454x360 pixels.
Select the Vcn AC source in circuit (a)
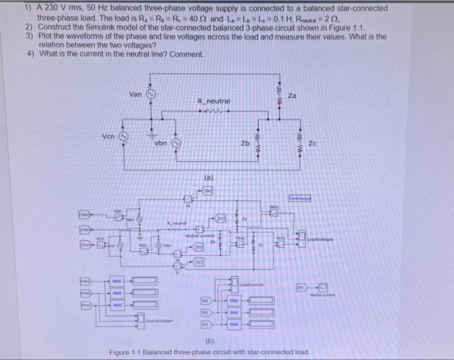tap(126, 137)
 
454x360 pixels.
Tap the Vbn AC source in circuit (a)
tap(174, 142)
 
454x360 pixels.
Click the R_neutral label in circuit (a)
tap(212, 101)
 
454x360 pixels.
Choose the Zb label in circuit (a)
tap(246, 143)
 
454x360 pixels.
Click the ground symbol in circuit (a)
tap(150, 121)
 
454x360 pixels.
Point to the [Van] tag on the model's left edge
tap(84, 211)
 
